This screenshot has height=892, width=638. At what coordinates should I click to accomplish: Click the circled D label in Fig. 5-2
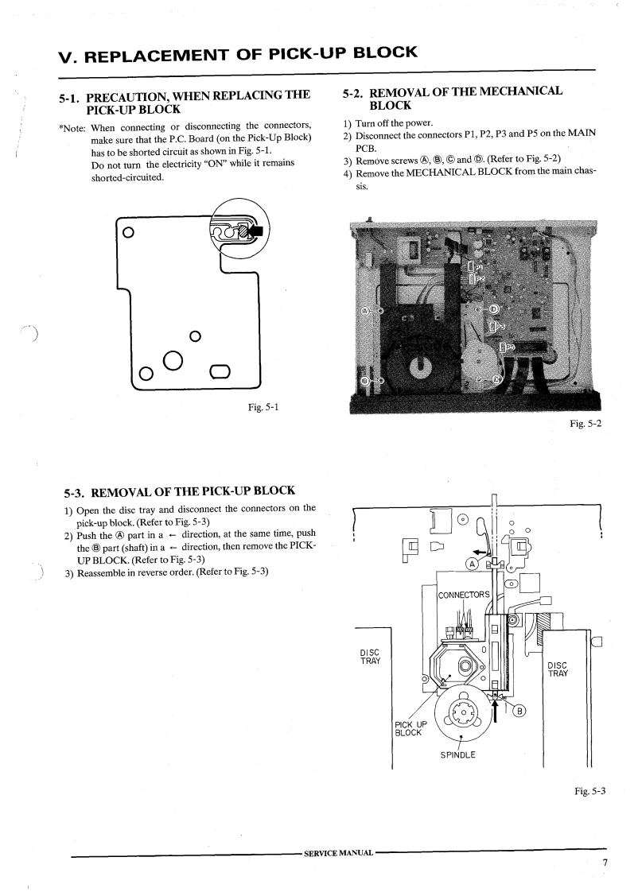click(x=493, y=308)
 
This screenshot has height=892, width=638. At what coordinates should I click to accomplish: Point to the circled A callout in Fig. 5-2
click(x=366, y=310)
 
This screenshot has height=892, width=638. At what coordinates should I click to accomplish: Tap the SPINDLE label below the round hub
click(x=457, y=754)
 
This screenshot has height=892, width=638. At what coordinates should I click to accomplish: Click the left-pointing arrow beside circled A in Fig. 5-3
click(x=478, y=550)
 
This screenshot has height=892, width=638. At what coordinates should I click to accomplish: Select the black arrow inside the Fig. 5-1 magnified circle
click(x=256, y=231)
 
